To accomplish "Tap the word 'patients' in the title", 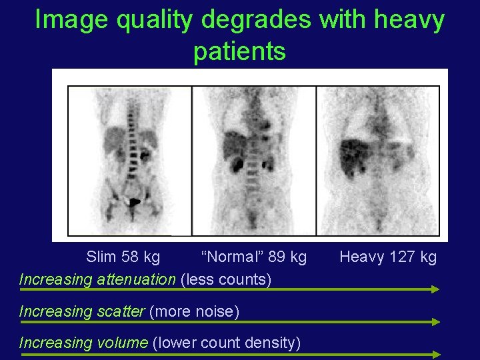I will (239, 51).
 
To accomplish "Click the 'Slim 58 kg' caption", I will (123, 257).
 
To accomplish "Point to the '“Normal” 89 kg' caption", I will (254, 257).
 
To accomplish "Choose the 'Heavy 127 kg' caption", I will (388, 257).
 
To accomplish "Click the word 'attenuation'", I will (136, 279).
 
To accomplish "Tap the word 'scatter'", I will (120, 311).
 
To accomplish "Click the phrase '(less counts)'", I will (226, 279).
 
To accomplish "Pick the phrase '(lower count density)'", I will (227, 343).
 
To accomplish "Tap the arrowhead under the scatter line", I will (436, 322).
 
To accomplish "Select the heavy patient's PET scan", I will (377, 160).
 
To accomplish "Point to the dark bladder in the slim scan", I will (135, 201).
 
